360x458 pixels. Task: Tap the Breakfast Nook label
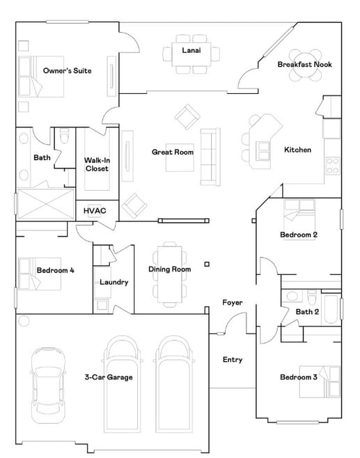(x=304, y=64)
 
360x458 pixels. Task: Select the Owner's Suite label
(x=63, y=70)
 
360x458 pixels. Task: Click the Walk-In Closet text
(x=97, y=164)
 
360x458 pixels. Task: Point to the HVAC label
(x=95, y=210)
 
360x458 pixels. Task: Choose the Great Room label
(x=172, y=152)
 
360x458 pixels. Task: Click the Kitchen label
(x=297, y=150)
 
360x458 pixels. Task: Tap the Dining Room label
(x=169, y=269)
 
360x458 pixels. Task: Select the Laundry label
(x=113, y=282)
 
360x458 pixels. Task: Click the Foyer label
(x=232, y=302)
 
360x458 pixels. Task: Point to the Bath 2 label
(x=307, y=311)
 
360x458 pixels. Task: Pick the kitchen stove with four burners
(x=333, y=166)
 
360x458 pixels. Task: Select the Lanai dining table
(x=191, y=54)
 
